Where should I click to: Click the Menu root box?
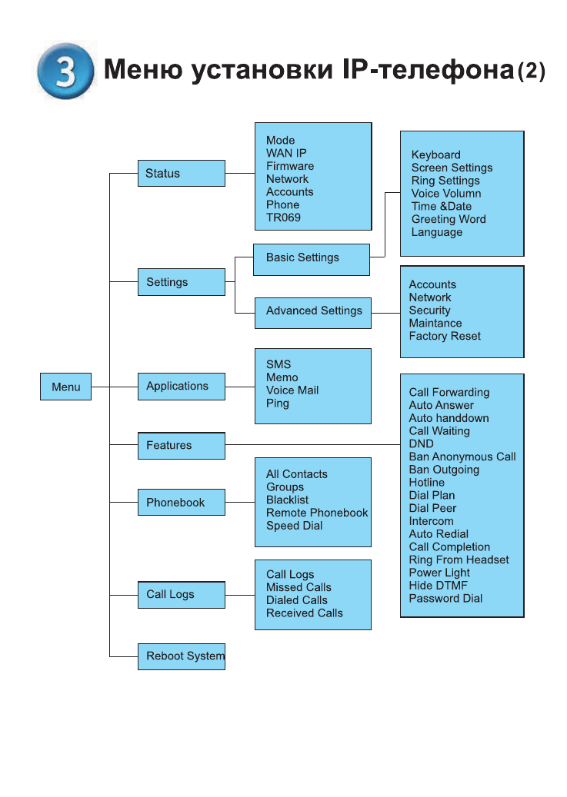[x=65, y=387]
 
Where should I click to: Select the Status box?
[x=181, y=174]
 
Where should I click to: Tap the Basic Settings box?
[x=311, y=258]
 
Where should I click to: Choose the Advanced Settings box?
[x=312, y=311]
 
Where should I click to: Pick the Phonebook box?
[x=182, y=503]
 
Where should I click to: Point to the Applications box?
[x=182, y=386]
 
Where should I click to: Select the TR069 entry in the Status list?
[x=283, y=218]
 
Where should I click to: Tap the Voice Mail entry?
[x=292, y=390]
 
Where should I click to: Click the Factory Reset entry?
[x=445, y=336]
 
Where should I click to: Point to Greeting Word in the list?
[x=449, y=219]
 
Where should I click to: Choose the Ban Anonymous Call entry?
[x=462, y=457]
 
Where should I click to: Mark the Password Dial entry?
[x=445, y=599]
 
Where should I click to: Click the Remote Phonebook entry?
[x=317, y=513]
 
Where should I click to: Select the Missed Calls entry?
[x=299, y=587]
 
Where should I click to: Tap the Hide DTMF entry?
[x=438, y=586]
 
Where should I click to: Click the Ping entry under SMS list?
[x=278, y=403]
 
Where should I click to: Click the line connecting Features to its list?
[x=312, y=444]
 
